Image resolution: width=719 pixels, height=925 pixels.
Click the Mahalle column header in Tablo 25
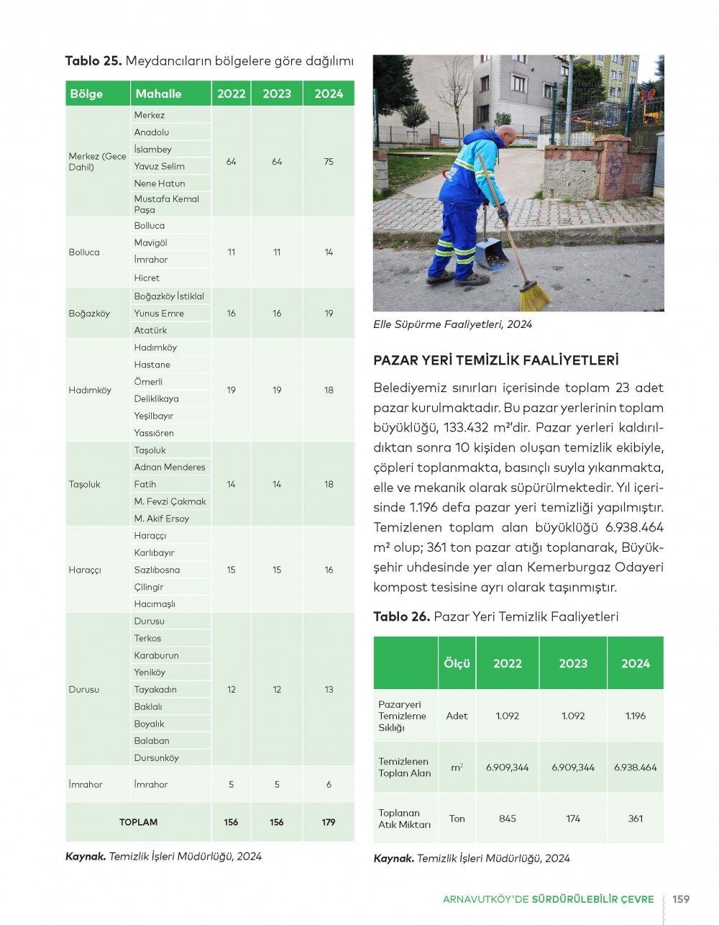pos(158,94)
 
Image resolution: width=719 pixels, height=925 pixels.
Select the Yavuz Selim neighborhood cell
pos(159,166)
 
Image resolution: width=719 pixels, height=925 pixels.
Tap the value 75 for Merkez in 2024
pos(329,162)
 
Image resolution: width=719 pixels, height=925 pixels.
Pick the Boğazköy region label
pos(89,314)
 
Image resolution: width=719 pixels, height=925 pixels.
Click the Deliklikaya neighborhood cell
pos(156,398)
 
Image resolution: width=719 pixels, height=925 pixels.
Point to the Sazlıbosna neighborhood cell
pos(157,570)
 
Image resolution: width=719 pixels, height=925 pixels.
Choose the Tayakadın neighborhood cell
pos(155,689)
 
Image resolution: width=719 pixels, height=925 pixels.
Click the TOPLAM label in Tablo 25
pos(138,822)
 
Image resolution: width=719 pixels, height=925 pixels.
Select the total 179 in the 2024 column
pos(329,822)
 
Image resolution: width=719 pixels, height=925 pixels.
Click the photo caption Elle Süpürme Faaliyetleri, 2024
pos(452,324)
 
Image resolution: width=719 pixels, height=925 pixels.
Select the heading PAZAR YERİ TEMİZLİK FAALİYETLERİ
pos(496,360)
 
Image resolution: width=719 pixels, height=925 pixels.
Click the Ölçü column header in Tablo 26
pos(457,663)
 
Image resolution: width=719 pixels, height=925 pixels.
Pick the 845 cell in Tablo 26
pos(508,819)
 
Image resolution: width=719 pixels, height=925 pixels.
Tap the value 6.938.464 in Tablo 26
pos(635,767)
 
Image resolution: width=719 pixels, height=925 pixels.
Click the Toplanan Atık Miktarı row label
pos(404,819)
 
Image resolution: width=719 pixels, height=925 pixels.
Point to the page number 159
pos(681,899)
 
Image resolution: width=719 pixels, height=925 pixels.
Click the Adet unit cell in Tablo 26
pos(457,716)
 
